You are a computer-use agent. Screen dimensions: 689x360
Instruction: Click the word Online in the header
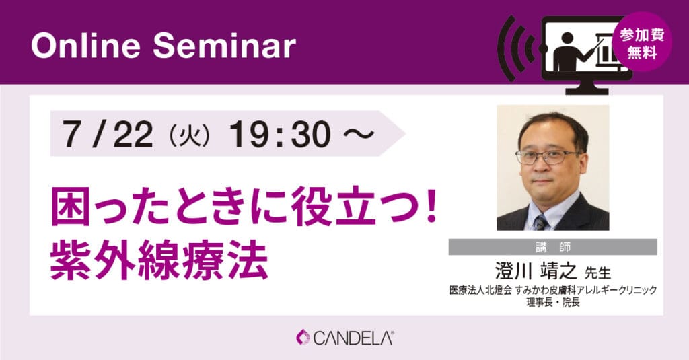point(85,46)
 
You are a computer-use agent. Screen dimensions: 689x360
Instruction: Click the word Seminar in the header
point(224,46)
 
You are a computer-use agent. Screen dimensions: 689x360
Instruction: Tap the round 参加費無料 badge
point(642,42)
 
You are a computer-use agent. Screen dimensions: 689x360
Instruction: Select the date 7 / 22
point(108,134)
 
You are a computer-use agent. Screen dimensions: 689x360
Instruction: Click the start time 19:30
point(280,134)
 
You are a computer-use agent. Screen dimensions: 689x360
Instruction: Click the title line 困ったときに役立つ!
point(244,206)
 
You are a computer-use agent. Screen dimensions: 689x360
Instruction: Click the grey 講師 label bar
point(553,247)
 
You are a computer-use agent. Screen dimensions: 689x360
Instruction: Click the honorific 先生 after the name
point(597,273)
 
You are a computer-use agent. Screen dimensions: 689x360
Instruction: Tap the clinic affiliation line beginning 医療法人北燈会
point(553,290)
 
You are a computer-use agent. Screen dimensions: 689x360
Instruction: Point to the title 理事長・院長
point(553,302)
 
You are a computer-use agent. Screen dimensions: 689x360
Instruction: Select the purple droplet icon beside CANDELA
point(303,337)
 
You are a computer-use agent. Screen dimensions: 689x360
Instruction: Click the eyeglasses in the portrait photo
point(546,156)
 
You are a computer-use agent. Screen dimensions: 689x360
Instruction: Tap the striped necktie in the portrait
point(542,222)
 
